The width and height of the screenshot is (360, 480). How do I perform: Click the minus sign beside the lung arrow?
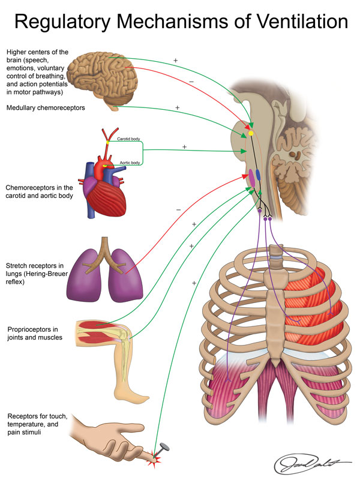pos(178,209)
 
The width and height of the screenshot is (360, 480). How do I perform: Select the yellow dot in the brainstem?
pos(251,133)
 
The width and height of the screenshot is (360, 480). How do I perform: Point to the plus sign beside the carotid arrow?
pos(184,146)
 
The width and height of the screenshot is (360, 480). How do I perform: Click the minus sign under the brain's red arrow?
pos(191,81)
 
